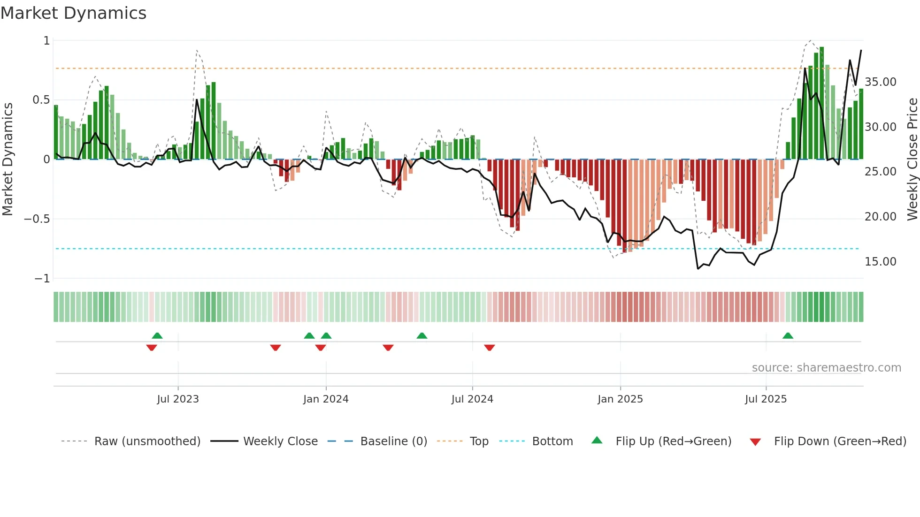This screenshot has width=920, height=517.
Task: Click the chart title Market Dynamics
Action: click(x=73, y=13)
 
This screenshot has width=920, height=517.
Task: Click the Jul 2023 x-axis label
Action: click(x=178, y=399)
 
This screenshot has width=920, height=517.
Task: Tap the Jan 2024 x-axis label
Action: click(x=326, y=399)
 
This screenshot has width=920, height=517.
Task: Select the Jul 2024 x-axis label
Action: click(x=472, y=399)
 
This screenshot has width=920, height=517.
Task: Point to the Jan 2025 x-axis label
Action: click(x=620, y=399)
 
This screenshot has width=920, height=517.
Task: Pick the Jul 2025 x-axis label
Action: click(x=766, y=399)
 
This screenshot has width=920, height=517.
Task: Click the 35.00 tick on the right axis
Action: click(x=881, y=82)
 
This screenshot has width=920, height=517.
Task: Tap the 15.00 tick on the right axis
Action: click(x=881, y=262)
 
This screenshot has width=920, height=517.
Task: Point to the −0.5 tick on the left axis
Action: click(x=37, y=219)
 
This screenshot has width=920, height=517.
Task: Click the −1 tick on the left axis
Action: click(x=42, y=279)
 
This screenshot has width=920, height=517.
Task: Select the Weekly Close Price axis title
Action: click(x=912, y=160)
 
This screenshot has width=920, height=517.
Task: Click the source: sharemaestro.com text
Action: click(x=826, y=368)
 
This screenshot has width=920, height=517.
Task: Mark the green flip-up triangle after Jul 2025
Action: click(x=788, y=336)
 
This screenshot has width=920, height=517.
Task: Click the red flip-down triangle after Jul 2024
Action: click(x=489, y=348)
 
